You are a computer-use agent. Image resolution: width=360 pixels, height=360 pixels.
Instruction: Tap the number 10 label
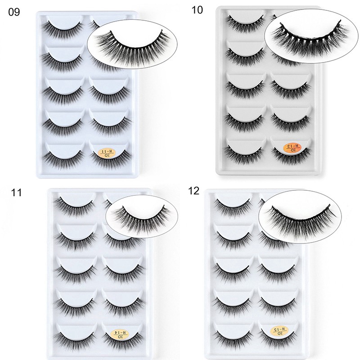point(197,10)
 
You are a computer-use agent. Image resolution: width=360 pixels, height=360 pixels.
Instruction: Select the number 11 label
point(16,193)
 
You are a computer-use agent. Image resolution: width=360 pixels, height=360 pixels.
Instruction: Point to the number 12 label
point(194,191)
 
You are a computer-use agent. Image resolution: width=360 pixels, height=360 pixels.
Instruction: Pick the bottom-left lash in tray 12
point(234,335)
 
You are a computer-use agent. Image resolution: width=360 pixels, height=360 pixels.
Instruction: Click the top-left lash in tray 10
point(245,22)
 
